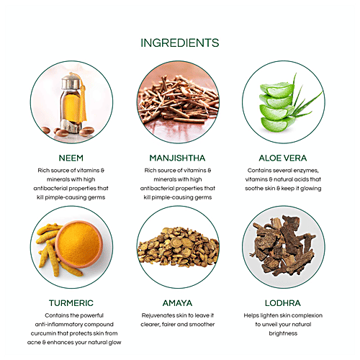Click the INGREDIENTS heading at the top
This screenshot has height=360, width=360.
coord(179,43)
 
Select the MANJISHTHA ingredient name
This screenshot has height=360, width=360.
coord(179,157)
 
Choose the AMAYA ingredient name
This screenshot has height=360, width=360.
coord(179,304)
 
